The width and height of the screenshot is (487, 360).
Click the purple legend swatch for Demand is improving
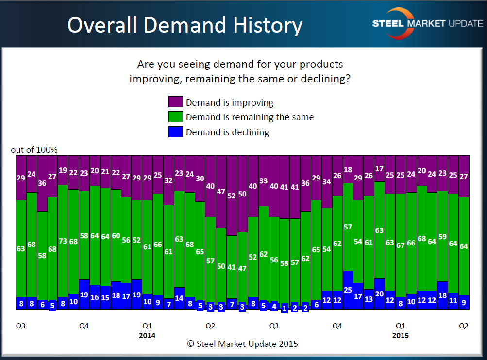(175, 102)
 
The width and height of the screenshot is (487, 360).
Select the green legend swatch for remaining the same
(175, 117)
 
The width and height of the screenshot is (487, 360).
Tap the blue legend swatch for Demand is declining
(175, 131)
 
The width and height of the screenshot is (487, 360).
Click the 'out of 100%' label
(34, 150)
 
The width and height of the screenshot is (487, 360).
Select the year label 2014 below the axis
(148, 335)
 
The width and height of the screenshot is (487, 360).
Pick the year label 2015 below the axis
(400, 335)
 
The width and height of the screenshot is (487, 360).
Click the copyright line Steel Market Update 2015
(242, 344)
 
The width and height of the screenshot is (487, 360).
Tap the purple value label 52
(232, 196)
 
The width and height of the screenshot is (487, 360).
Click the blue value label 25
(348, 290)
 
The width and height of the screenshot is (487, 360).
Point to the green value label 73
(63, 241)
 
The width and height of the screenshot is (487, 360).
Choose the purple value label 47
(221, 192)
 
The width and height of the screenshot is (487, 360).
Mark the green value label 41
(232, 267)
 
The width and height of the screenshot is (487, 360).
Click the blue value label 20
(379, 294)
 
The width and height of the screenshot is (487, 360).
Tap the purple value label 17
(379, 169)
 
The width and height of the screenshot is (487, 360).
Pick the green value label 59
(442, 237)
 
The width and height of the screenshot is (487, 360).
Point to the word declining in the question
(325, 79)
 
